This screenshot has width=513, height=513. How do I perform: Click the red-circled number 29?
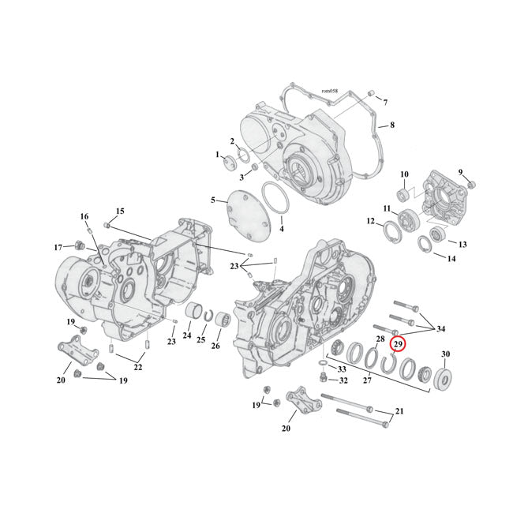399,344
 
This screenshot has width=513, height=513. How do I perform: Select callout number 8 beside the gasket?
391,125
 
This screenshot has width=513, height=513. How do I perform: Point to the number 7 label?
385,103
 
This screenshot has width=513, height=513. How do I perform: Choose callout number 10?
403,174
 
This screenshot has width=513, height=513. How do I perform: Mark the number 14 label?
451,258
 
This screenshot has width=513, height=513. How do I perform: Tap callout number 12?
371,222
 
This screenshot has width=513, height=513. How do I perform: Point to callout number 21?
399,413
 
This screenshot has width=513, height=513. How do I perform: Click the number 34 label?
440,328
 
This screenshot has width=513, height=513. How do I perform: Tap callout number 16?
84,216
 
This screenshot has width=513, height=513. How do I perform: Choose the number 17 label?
58,247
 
